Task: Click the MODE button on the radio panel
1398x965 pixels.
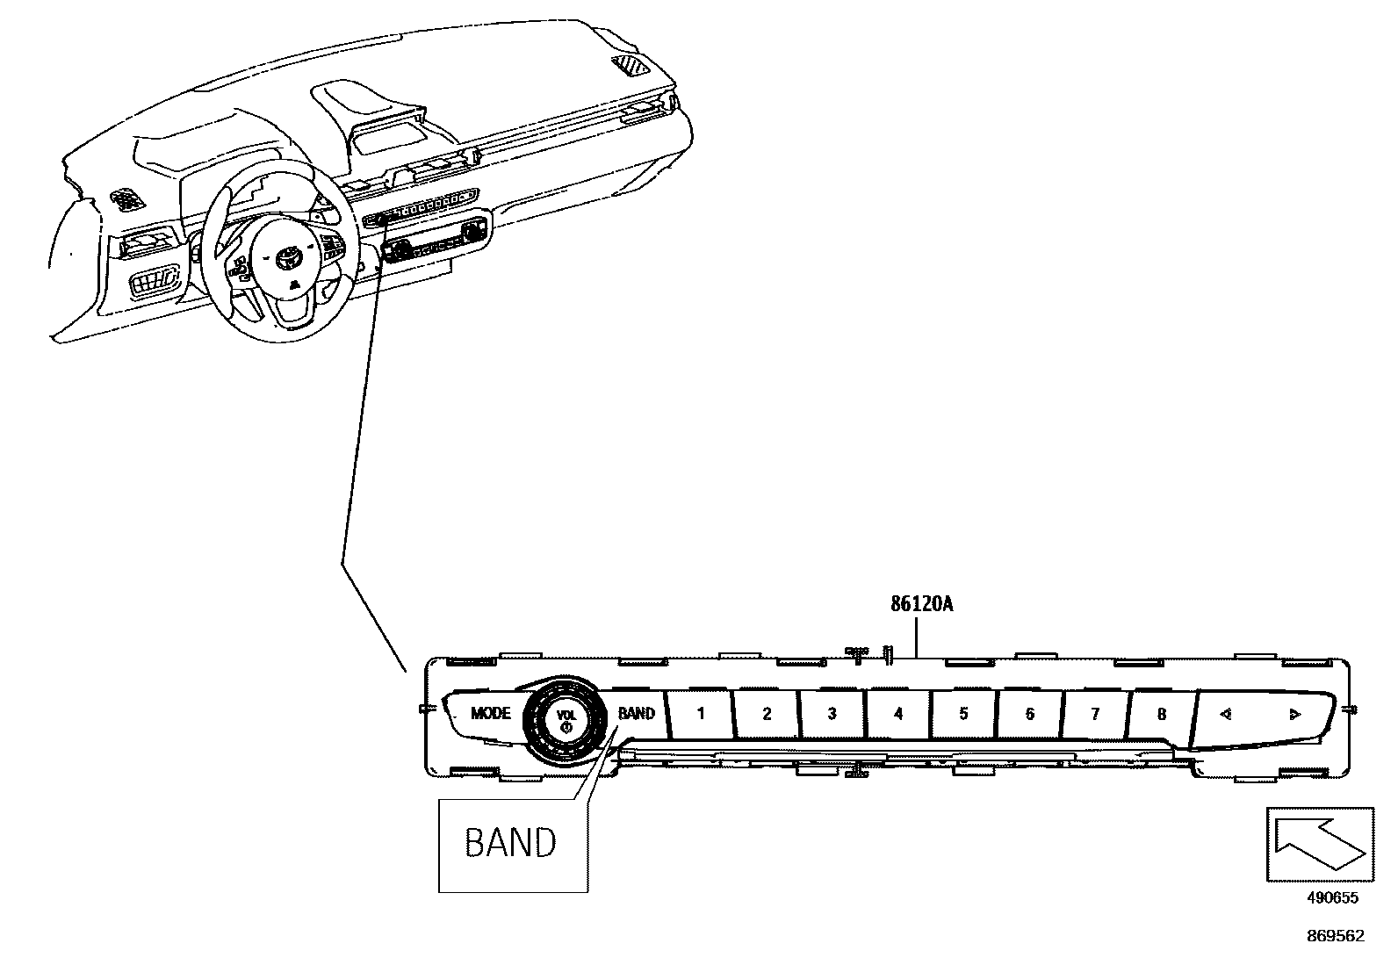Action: point(489,713)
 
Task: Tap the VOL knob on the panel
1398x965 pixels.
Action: point(566,718)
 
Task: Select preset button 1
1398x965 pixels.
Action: point(700,713)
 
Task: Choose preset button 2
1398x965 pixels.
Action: point(766,713)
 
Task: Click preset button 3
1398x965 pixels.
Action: point(832,713)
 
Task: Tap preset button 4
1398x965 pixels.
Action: point(897,713)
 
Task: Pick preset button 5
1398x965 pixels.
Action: point(963,713)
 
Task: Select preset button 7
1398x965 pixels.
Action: point(1095,713)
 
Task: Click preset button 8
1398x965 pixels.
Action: point(1161,713)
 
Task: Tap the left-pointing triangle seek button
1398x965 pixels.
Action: point(1226,714)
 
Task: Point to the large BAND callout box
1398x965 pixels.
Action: point(512,844)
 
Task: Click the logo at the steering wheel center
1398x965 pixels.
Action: point(288,258)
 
